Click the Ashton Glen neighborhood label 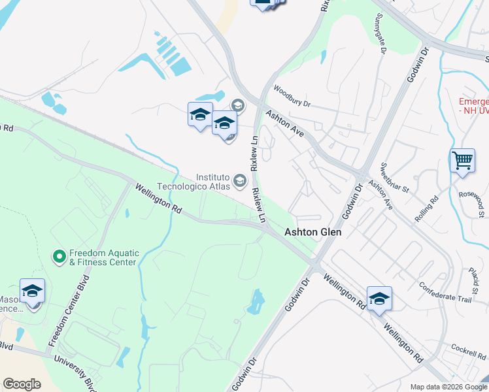pyautogui.click(x=313, y=232)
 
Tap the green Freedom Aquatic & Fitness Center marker pyautogui.click(x=59, y=255)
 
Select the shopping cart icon pyautogui.click(x=462, y=159)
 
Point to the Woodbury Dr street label pyautogui.click(x=292, y=97)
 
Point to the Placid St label pyautogui.click(x=473, y=279)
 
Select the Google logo pyautogui.click(x=22, y=384)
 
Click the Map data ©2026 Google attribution pyautogui.click(x=448, y=387)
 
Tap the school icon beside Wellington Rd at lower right pyautogui.click(x=379, y=298)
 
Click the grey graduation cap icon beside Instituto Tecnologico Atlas pyautogui.click(x=240, y=180)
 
